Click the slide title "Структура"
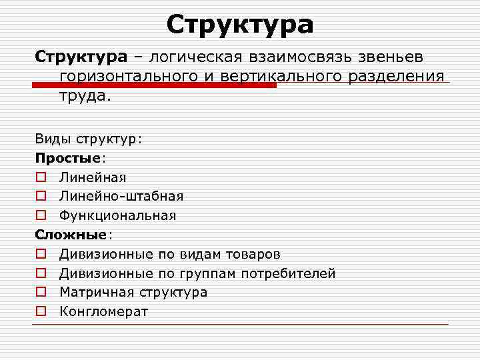coord(240,25)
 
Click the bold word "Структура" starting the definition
coord(74,57)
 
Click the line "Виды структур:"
coord(89,139)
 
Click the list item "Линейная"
coord(93,177)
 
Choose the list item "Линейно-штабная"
coord(121,197)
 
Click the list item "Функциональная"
coord(117,215)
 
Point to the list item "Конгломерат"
coord(103,311)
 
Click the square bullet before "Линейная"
coord(41,178)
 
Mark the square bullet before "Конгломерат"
coord(41,312)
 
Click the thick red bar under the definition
coord(153,85)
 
